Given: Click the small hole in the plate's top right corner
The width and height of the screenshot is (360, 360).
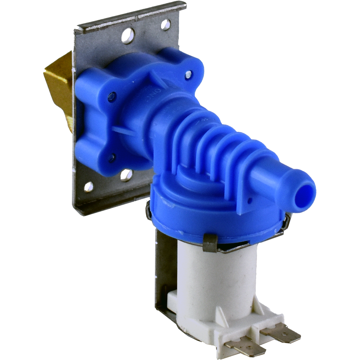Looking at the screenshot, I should [x=166, y=25].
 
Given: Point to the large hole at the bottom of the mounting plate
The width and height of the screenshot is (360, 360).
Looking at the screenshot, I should [x=126, y=175].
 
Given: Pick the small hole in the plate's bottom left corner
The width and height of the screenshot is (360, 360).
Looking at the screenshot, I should [x=89, y=186].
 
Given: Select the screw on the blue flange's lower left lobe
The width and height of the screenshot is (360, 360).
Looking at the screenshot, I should [x=112, y=157].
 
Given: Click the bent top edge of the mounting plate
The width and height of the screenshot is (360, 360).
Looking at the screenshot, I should [x=130, y=16].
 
